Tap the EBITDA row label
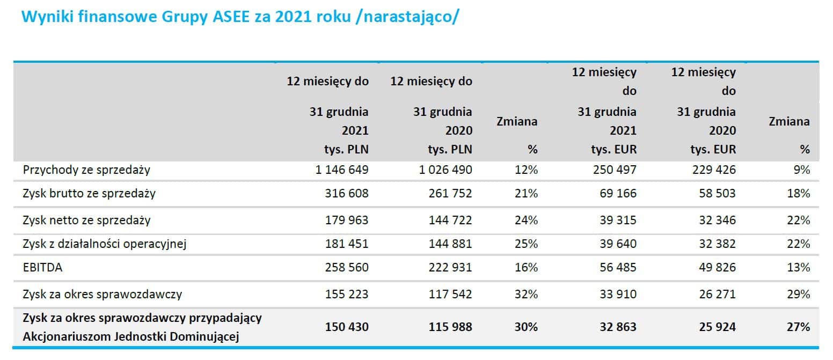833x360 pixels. pyautogui.click(x=42, y=267)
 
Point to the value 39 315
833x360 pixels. pyautogui.click(x=618, y=220)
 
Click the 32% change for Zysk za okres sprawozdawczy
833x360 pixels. pyautogui.click(x=525, y=294)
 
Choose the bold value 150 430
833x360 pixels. pyautogui.click(x=346, y=327)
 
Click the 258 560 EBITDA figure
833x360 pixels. pyautogui.click(x=346, y=267)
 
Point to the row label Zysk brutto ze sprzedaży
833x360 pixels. pyautogui.click(x=89, y=193)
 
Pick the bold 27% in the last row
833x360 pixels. pyautogui.click(x=799, y=327)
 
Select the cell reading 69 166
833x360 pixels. pyautogui.click(x=618, y=193)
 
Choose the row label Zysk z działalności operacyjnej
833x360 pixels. pyautogui.click(x=104, y=244)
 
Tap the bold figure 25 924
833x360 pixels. pyautogui.click(x=714, y=327)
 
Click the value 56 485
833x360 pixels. pyautogui.click(x=618, y=267)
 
